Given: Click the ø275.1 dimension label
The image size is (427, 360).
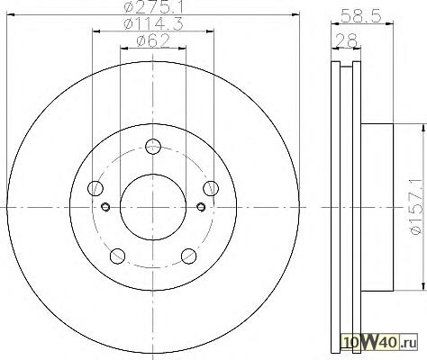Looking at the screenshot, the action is (153, 6).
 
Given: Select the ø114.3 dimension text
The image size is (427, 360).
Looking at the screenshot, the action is (153, 24).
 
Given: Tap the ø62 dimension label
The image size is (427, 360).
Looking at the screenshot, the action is (153, 41).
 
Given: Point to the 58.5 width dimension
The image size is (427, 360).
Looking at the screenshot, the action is (361, 15).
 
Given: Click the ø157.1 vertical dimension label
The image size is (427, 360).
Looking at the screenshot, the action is (417, 207).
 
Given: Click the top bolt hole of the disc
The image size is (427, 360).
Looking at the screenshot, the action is (153, 147).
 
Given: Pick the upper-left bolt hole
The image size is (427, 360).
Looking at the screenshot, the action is (95, 188).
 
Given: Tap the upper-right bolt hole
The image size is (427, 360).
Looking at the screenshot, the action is (211, 188).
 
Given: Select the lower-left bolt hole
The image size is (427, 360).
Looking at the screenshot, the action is (118, 256).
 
